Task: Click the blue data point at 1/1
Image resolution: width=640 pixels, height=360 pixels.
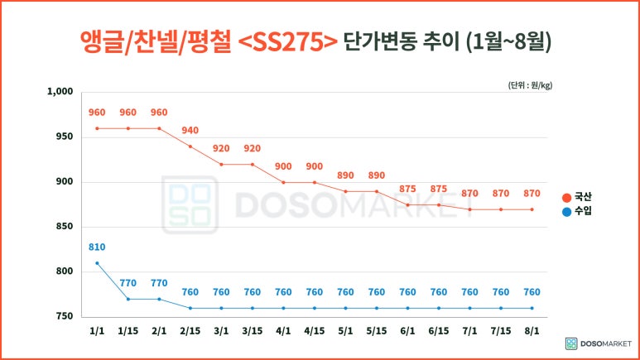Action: (x=97, y=263)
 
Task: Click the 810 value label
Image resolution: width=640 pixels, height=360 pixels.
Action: (x=97, y=247)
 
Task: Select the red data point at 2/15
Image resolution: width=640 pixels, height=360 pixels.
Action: (x=190, y=146)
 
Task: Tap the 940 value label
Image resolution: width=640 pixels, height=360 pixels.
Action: (x=190, y=131)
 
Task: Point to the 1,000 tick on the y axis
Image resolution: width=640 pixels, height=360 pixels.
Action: (x=60, y=92)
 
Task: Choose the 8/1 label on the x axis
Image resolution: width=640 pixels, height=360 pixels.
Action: (x=532, y=331)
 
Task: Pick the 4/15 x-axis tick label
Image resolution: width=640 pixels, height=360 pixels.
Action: (x=315, y=331)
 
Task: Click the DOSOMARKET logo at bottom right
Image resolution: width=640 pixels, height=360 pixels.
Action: (x=597, y=343)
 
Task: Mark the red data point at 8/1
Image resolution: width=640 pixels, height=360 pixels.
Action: (x=532, y=209)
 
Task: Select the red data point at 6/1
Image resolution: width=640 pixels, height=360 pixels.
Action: (x=407, y=205)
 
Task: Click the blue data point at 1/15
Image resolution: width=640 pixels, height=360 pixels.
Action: (x=128, y=299)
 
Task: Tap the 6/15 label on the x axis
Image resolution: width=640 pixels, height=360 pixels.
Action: (x=439, y=331)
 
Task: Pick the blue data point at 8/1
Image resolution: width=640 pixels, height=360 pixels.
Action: (x=532, y=308)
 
